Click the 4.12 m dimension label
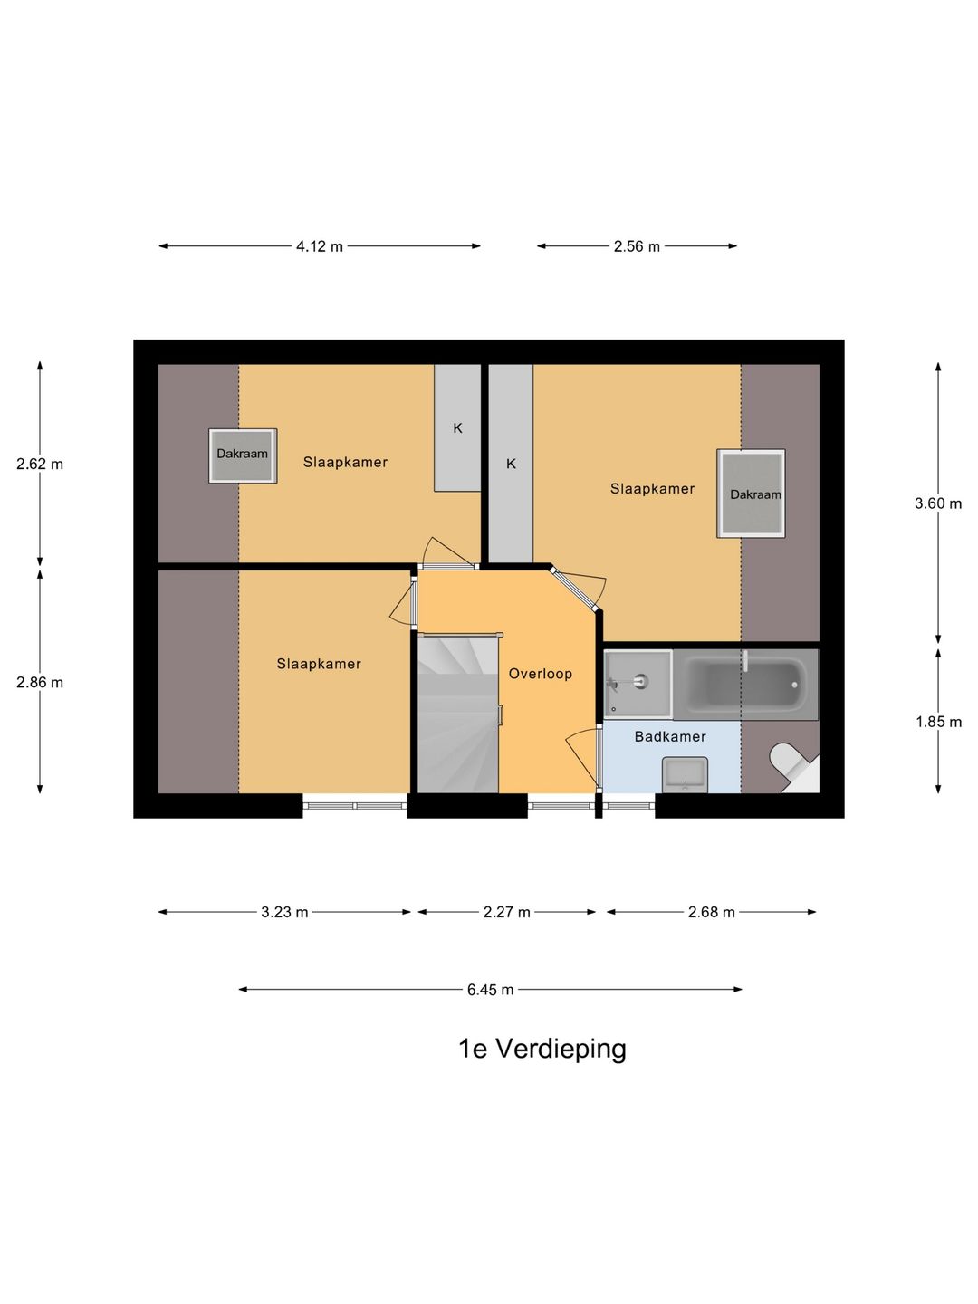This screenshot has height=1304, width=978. pyautogui.click(x=319, y=246)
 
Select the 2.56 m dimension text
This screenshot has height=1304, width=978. pyautogui.click(x=637, y=246)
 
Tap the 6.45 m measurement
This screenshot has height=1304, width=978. pyautogui.click(x=490, y=990)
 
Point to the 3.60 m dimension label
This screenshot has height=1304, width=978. pyautogui.click(x=937, y=503)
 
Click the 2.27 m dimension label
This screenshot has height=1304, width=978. pyautogui.click(x=506, y=912)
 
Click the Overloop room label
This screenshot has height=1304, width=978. pyautogui.click(x=540, y=674)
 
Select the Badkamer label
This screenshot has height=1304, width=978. pyautogui.click(x=669, y=736)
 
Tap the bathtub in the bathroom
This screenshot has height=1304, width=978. pyautogui.click(x=745, y=685)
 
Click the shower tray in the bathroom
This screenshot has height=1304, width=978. pyautogui.click(x=638, y=683)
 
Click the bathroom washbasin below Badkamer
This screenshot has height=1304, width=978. pyautogui.click(x=685, y=774)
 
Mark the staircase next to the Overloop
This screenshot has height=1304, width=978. pyautogui.click(x=457, y=715)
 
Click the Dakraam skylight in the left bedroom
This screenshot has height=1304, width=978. pyautogui.click(x=243, y=455)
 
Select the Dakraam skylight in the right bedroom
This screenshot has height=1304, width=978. pyautogui.click(x=751, y=494)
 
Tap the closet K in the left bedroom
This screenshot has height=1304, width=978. pyautogui.click(x=457, y=428)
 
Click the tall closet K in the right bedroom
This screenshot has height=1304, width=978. pyautogui.click(x=511, y=464)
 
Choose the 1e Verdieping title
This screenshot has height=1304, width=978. pyautogui.click(x=542, y=1049)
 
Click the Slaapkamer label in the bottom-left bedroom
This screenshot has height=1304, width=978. pyautogui.click(x=319, y=664)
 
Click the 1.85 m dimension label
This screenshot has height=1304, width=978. pyautogui.click(x=937, y=722)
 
